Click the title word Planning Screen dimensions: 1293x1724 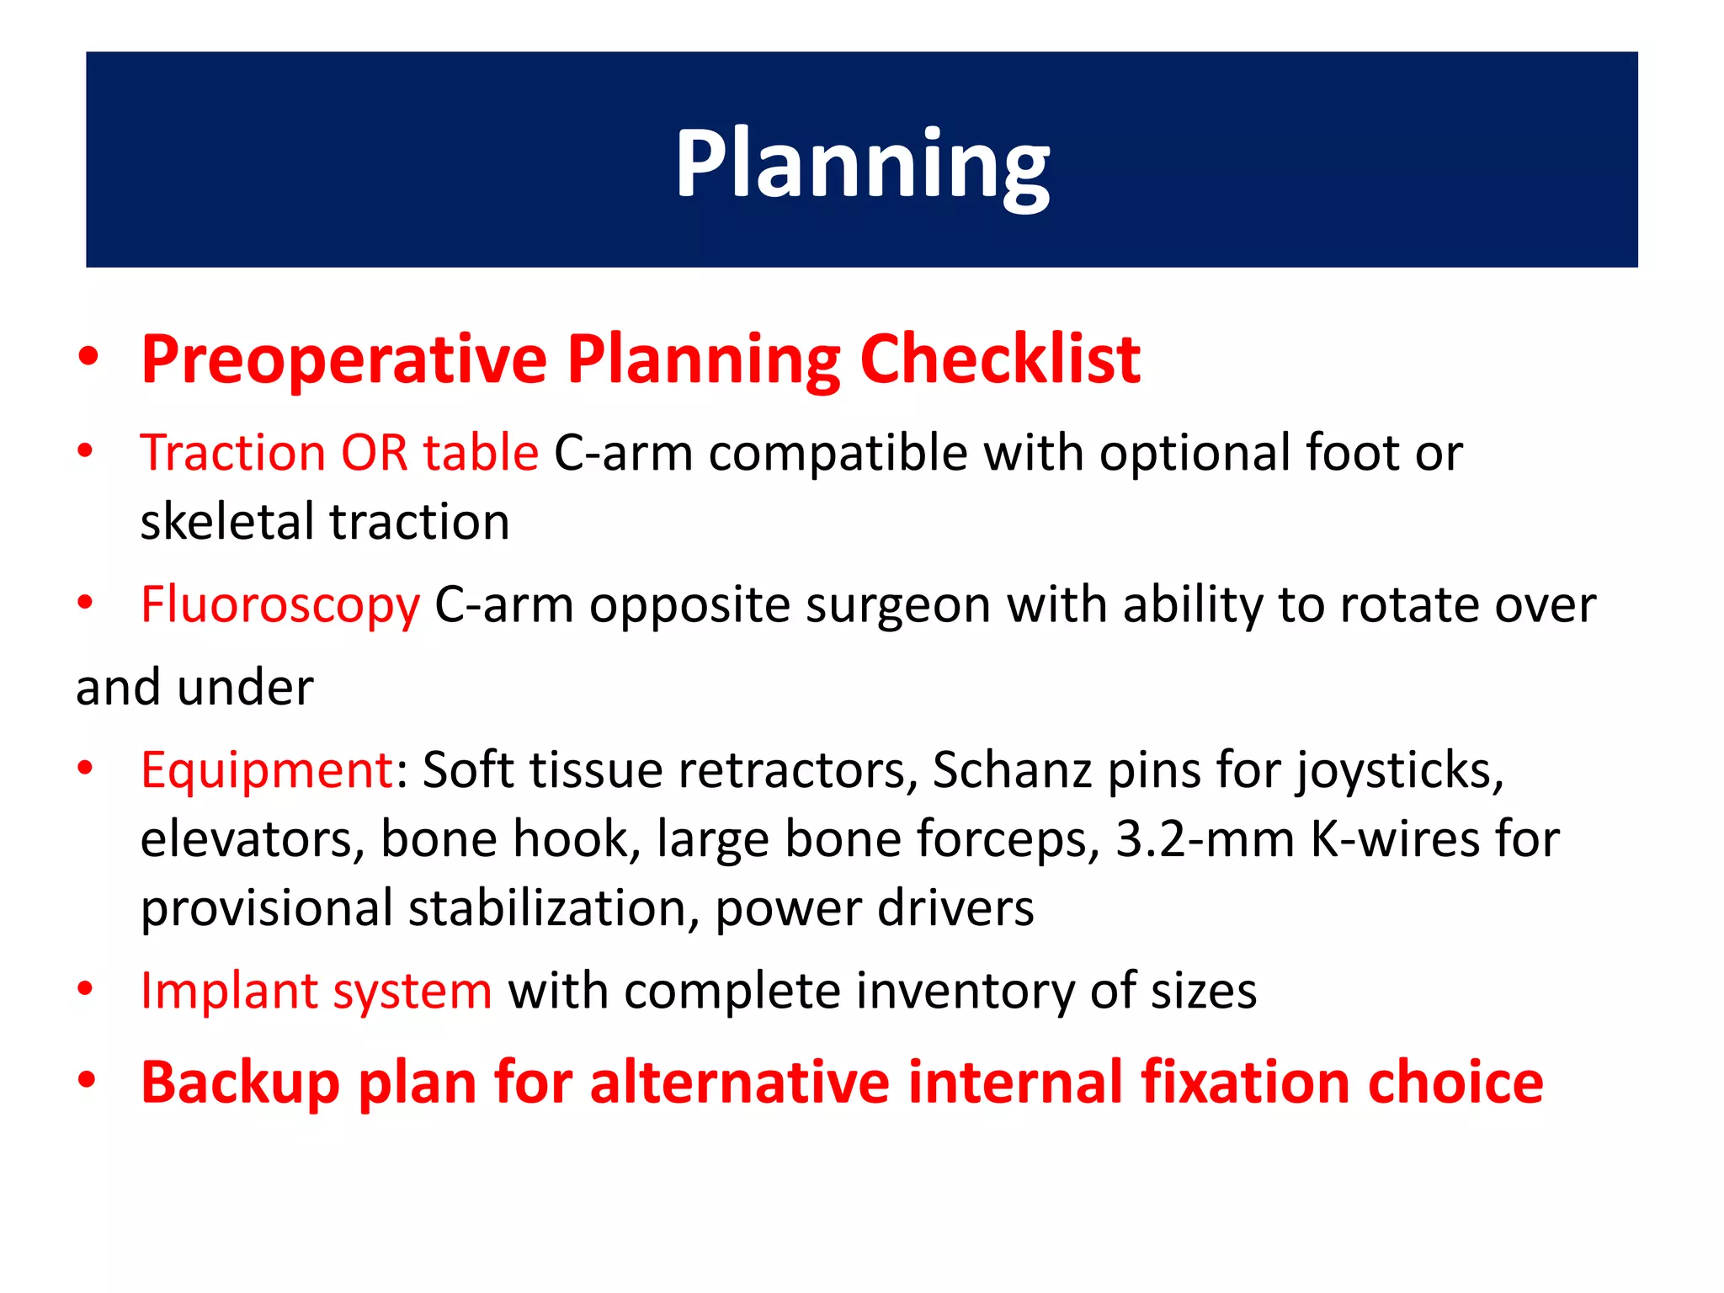862,164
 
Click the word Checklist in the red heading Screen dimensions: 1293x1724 1000,360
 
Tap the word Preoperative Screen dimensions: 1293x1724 344,360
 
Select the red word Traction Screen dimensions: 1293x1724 231,453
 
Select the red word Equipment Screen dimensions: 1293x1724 266,770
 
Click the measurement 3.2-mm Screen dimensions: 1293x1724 1205,839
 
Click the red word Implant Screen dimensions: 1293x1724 227,991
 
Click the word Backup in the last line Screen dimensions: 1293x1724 241,1083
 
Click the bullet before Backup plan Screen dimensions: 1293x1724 86,1081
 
